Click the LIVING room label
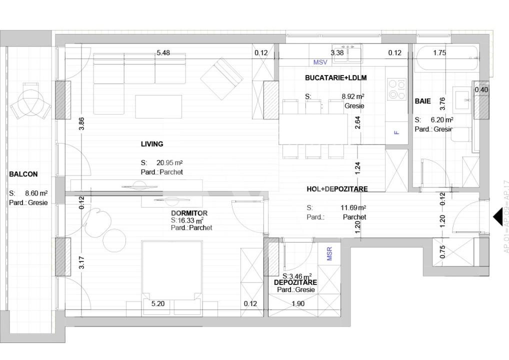[x=152, y=144]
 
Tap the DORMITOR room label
[x=189, y=213]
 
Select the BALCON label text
[x=23, y=174]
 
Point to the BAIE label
[x=422, y=101]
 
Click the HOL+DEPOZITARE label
[x=337, y=189]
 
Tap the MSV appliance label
[x=320, y=62]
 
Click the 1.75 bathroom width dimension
[x=439, y=53]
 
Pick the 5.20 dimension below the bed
[x=158, y=303]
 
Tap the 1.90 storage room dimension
[x=297, y=303]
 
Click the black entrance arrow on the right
[x=497, y=216]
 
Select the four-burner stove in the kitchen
[x=397, y=90]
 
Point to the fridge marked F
[x=396, y=133]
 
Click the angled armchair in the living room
[x=221, y=78]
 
